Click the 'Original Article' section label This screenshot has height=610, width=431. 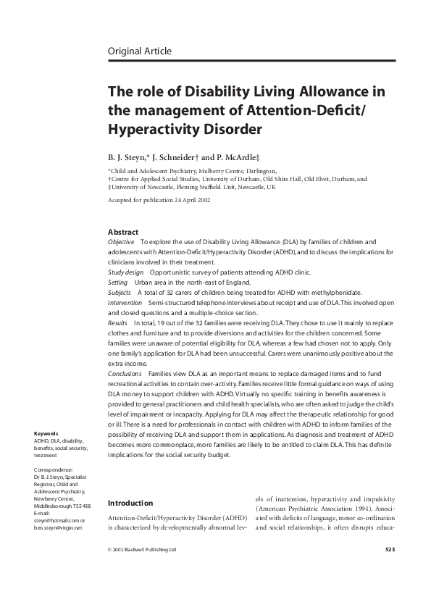point(139,51)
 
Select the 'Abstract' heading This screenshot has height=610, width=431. point(122,232)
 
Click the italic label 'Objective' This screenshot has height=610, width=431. point(120,241)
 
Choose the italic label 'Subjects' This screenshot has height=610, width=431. point(120,293)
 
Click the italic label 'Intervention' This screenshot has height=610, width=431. point(125,303)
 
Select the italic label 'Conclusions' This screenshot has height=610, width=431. point(124,372)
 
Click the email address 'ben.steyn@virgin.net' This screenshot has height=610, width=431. point(59,527)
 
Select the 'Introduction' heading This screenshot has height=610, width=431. point(130,503)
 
